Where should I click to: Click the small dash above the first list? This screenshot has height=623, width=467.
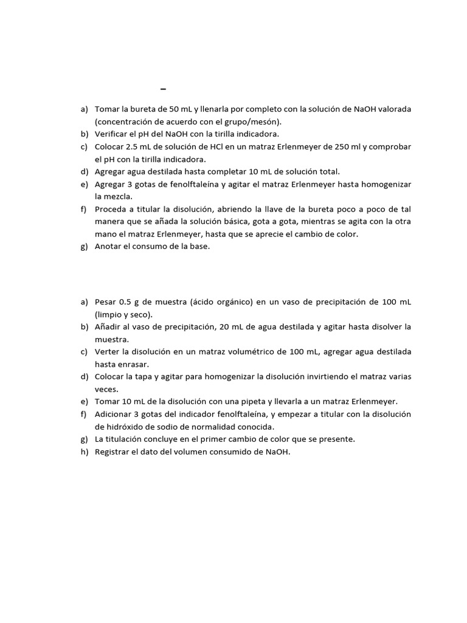(164, 89)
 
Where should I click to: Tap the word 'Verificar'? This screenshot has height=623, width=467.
(112, 134)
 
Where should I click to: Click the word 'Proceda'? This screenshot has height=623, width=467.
(112, 209)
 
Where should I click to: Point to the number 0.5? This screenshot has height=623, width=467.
(125, 302)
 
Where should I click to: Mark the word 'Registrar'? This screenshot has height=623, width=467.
(113, 451)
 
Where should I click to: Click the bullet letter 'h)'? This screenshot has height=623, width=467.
(85, 451)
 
